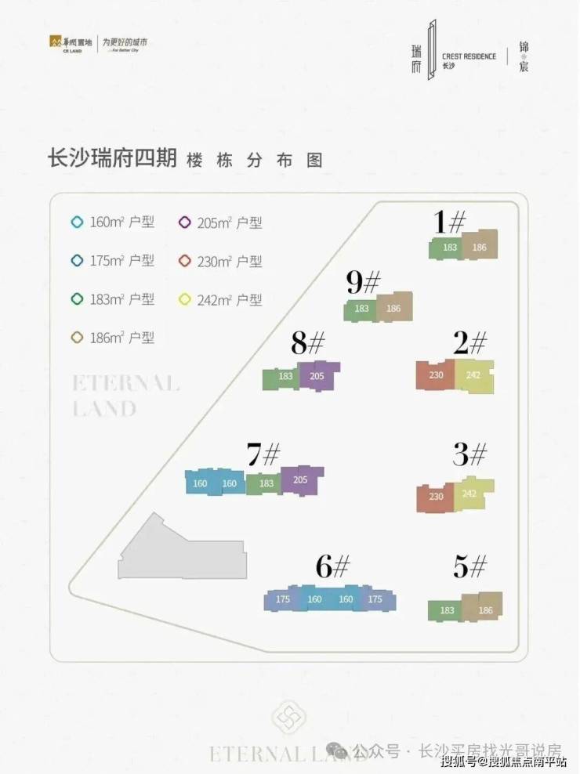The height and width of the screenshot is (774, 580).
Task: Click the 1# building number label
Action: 451,223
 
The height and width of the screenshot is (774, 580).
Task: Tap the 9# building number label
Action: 364,283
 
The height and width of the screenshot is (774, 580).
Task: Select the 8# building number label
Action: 308,342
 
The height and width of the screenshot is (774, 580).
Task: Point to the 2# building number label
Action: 470,342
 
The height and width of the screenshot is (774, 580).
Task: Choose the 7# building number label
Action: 263,454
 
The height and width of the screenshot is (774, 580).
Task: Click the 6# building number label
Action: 333,566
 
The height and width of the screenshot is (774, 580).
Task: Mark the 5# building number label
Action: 470,566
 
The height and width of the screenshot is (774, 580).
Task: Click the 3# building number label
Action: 470,454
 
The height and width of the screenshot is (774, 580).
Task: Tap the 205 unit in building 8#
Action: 317,376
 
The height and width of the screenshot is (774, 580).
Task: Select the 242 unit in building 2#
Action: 473,375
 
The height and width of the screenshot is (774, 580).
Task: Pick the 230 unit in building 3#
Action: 437,497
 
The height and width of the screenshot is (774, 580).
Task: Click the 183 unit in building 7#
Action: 266,484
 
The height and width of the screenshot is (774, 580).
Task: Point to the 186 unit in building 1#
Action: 480,247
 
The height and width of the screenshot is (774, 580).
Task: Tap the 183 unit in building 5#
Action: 448,610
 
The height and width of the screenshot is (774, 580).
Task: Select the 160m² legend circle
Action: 77,222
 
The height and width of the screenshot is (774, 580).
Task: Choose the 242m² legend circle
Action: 185,299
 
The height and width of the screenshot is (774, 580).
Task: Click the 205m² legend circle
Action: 185,222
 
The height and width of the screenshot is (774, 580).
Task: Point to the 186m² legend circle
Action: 77,338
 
